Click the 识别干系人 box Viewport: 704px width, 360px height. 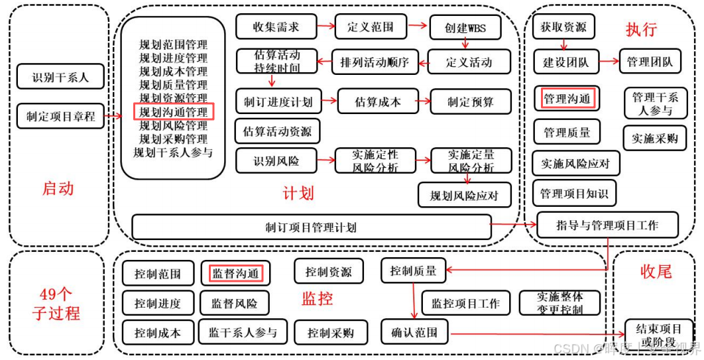click(x=60, y=77)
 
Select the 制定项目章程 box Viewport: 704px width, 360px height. click(x=60, y=116)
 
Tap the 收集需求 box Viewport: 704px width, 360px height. click(x=276, y=27)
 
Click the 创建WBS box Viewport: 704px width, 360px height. click(x=465, y=29)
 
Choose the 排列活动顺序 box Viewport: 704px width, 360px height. click(x=375, y=63)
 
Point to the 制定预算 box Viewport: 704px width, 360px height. click(x=470, y=102)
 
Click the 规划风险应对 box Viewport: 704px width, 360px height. click(x=465, y=196)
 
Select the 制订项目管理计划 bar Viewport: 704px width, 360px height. click(x=311, y=227)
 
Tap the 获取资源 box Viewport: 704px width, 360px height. click(x=563, y=27)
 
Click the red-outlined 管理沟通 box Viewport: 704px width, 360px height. click(x=567, y=99)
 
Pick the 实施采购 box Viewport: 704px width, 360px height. click(x=654, y=138)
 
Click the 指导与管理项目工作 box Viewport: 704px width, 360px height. click(x=607, y=225)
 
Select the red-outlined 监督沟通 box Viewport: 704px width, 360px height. click(x=235, y=272)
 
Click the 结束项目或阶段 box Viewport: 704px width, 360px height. click(x=658, y=333)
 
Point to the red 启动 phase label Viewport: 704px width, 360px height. click(x=58, y=188)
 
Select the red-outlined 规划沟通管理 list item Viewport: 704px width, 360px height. click(x=174, y=112)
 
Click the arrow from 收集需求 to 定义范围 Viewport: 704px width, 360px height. click(x=325, y=27)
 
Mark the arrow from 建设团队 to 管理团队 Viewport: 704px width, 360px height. click(x=609, y=62)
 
